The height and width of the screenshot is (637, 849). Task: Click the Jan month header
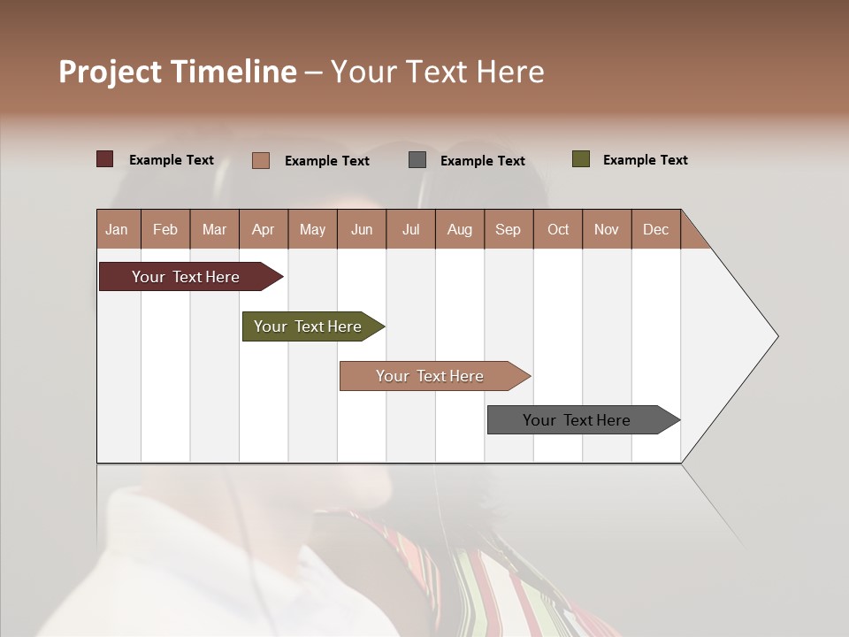[x=118, y=229]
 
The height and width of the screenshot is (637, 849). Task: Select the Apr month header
[x=264, y=229]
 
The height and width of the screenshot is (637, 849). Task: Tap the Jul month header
[x=410, y=229]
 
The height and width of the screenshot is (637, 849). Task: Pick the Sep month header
[x=508, y=229]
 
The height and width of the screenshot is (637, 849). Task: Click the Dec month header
[x=655, y=229]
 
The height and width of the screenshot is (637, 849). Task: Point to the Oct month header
[x=557, y=229]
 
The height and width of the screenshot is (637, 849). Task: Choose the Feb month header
[x=165, y=229]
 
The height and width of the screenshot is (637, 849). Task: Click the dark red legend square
[x=105, y=159]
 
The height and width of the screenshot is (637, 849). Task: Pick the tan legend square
[x=261, y=160]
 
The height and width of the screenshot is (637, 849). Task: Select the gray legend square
[x=417, y=160]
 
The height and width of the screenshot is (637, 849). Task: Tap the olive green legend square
[x=580, y=159]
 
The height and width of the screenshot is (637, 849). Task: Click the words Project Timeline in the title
[x=177, y=72]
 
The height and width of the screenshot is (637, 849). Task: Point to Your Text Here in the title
[x=438, y=72]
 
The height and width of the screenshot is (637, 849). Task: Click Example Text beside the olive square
[x=645, y=160]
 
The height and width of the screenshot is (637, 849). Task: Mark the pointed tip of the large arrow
[x=776, y=336]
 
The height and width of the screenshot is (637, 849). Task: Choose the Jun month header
[x=362, y=229]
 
